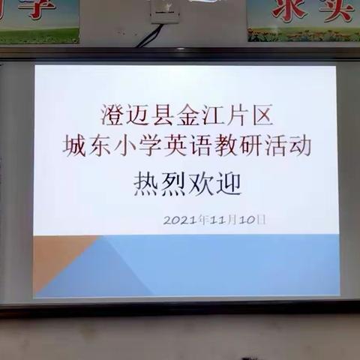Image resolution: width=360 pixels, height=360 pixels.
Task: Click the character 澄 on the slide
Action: click(112, 115)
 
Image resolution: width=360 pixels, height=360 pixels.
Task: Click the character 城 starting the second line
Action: click(73, 145)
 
